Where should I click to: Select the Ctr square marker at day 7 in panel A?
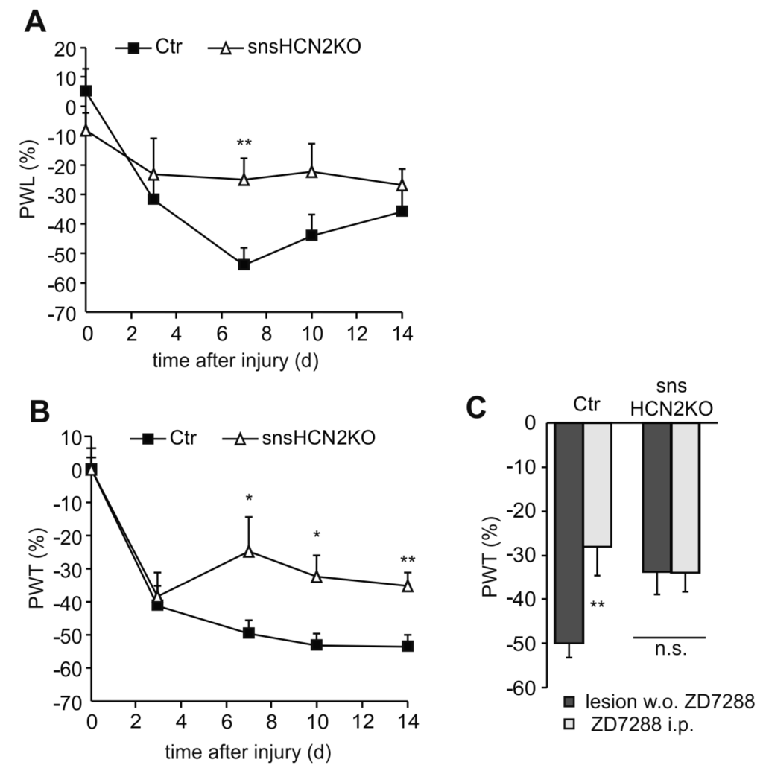244,264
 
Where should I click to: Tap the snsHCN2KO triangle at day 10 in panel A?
311,172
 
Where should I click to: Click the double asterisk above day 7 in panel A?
244,143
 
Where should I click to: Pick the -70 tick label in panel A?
60,314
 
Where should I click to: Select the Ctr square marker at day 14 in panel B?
408,646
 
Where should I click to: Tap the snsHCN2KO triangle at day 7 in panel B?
249,551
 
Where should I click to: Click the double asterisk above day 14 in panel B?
408,561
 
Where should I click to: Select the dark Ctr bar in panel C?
568,532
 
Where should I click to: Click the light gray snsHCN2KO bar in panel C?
685,497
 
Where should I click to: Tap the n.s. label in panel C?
669,650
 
